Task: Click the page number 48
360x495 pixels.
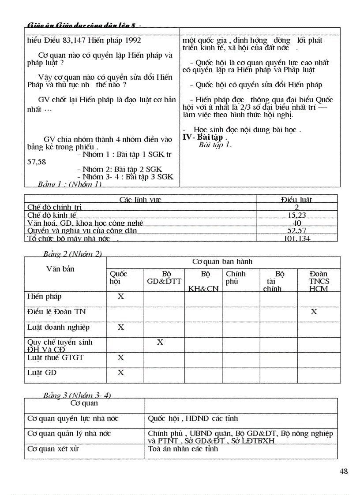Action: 344,471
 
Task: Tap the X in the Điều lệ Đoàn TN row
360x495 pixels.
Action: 314,312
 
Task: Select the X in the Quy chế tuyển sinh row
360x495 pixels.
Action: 160,342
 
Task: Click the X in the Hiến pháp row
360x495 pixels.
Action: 120,296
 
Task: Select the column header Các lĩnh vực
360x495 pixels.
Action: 140,200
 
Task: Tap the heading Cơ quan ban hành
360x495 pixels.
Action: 222,261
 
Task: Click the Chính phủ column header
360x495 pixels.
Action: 236,277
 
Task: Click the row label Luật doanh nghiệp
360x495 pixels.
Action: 58,327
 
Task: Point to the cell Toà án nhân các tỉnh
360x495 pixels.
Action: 183,449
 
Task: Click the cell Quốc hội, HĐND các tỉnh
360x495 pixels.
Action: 193,418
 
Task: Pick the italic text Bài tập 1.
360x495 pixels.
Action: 215,145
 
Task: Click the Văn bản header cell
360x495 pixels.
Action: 60,269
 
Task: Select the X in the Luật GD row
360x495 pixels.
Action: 120,373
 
